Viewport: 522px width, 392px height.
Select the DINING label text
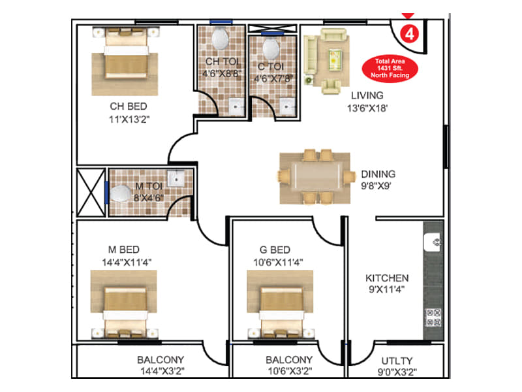click(x=378, y=174)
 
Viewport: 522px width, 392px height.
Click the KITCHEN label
click(x=387, y=278)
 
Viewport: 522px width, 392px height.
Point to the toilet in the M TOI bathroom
click(x=121, y=194)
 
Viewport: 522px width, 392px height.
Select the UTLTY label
click(x=397, y=361)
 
